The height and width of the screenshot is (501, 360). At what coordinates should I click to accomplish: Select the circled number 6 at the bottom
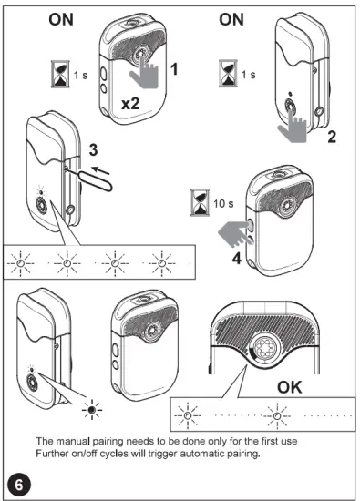click(x=18, y=477)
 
